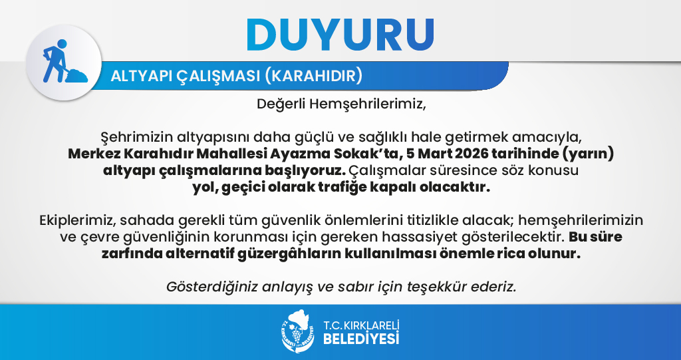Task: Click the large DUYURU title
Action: click(x=340, y=35)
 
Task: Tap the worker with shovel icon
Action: click(x=65, y=61)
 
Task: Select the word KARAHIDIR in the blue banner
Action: click(x=313, y=76)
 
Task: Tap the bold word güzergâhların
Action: click(x=289, y=254)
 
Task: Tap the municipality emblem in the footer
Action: click(x=297, y=331)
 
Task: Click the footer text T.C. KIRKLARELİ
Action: click(x=361, y=325)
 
